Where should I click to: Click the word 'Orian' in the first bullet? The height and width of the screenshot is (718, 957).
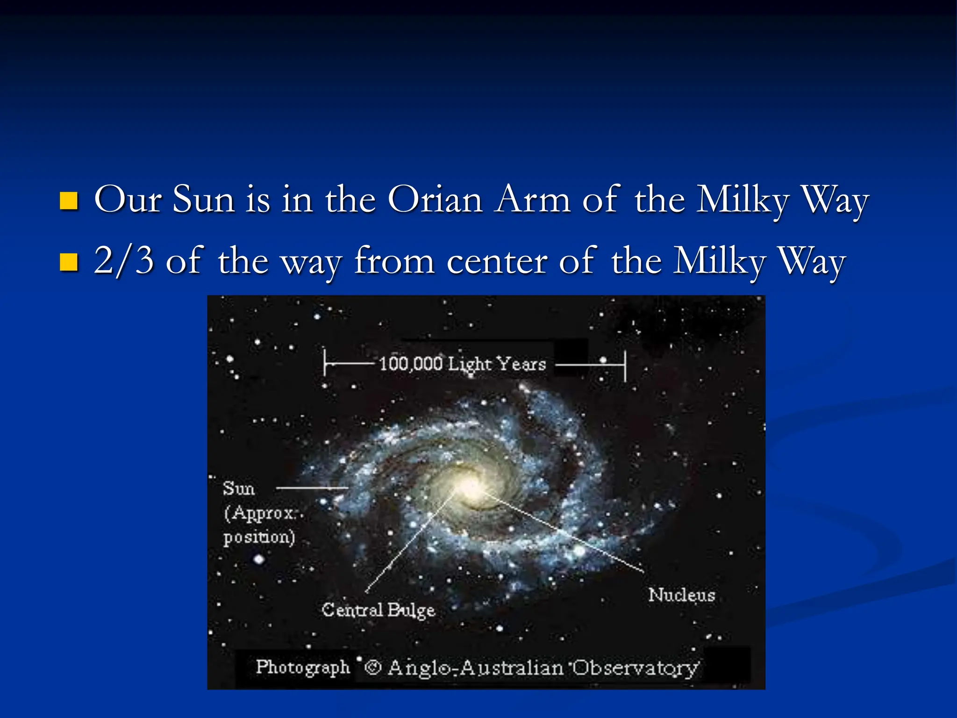click(x=435, y=200)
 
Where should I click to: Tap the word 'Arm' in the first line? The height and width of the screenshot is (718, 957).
click(x=533, y=200)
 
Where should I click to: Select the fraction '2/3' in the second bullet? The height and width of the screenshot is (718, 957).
click(x=124, y=260)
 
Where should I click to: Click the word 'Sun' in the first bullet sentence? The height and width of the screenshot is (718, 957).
click(x=203, y=200)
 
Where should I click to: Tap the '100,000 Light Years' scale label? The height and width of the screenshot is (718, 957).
click(x=462, y=364)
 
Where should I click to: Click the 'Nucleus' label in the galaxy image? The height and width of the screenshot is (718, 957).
click(x=682, y=595)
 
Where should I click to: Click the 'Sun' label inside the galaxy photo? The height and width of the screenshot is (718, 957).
click(x=239, y=488)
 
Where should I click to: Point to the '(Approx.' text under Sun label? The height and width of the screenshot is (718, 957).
click(x=260, y=513)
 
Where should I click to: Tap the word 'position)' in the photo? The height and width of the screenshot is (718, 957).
click(x=259, y=537)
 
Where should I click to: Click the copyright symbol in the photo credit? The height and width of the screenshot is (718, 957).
click(x=372, y=667)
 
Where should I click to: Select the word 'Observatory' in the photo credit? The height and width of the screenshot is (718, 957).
click(x=636, y=668)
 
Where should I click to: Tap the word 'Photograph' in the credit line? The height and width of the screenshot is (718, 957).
click(x=303, y=667)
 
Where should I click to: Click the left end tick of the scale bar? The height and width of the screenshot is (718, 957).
click(x=325, y=362)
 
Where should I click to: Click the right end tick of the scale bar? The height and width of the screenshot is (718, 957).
click(x=625, y=366)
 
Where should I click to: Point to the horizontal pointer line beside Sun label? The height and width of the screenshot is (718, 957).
click(x=312, y=488)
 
